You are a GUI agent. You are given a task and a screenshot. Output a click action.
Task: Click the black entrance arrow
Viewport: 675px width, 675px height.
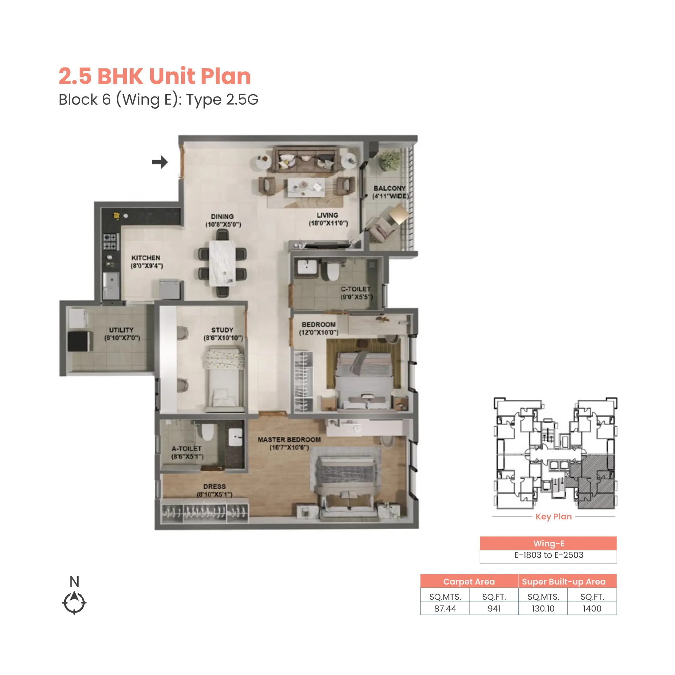(x=160, y=162)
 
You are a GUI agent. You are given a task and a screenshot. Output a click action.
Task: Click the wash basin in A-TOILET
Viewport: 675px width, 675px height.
(x=236, y=437)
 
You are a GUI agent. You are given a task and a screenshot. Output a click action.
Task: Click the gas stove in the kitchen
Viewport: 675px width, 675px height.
(x=110, y=241)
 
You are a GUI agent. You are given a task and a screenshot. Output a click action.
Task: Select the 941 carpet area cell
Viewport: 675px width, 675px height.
(x=494, y=609)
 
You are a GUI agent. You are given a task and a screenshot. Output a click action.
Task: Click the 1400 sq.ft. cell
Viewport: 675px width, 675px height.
(x=592, y=609)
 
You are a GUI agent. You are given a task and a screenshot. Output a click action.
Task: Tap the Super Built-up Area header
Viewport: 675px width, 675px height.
(x=563, y=582)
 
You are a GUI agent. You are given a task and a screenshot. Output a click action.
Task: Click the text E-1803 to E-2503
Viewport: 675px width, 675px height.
(x=548, y=555)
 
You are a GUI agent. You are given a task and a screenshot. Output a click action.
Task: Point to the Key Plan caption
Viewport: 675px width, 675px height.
(x=553, y=516)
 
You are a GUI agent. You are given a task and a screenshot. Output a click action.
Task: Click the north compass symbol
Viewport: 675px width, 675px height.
(x=74, y=602)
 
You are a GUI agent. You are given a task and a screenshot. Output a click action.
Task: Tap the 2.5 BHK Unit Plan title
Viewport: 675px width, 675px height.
(x=155, y=76)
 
